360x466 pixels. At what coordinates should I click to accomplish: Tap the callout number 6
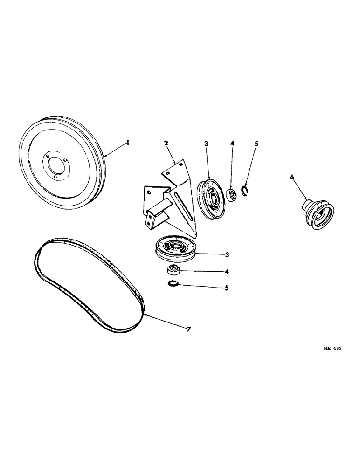292,178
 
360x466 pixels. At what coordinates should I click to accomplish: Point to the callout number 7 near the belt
188,329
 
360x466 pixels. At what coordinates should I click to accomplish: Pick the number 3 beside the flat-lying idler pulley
227,254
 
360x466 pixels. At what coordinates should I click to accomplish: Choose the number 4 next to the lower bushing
227,271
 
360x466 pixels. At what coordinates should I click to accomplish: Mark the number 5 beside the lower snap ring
227,288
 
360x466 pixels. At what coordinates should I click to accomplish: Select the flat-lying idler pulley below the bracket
175,248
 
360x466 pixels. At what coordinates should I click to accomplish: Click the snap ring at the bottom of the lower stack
173,285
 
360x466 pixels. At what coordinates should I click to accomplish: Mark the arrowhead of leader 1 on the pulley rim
105,155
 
